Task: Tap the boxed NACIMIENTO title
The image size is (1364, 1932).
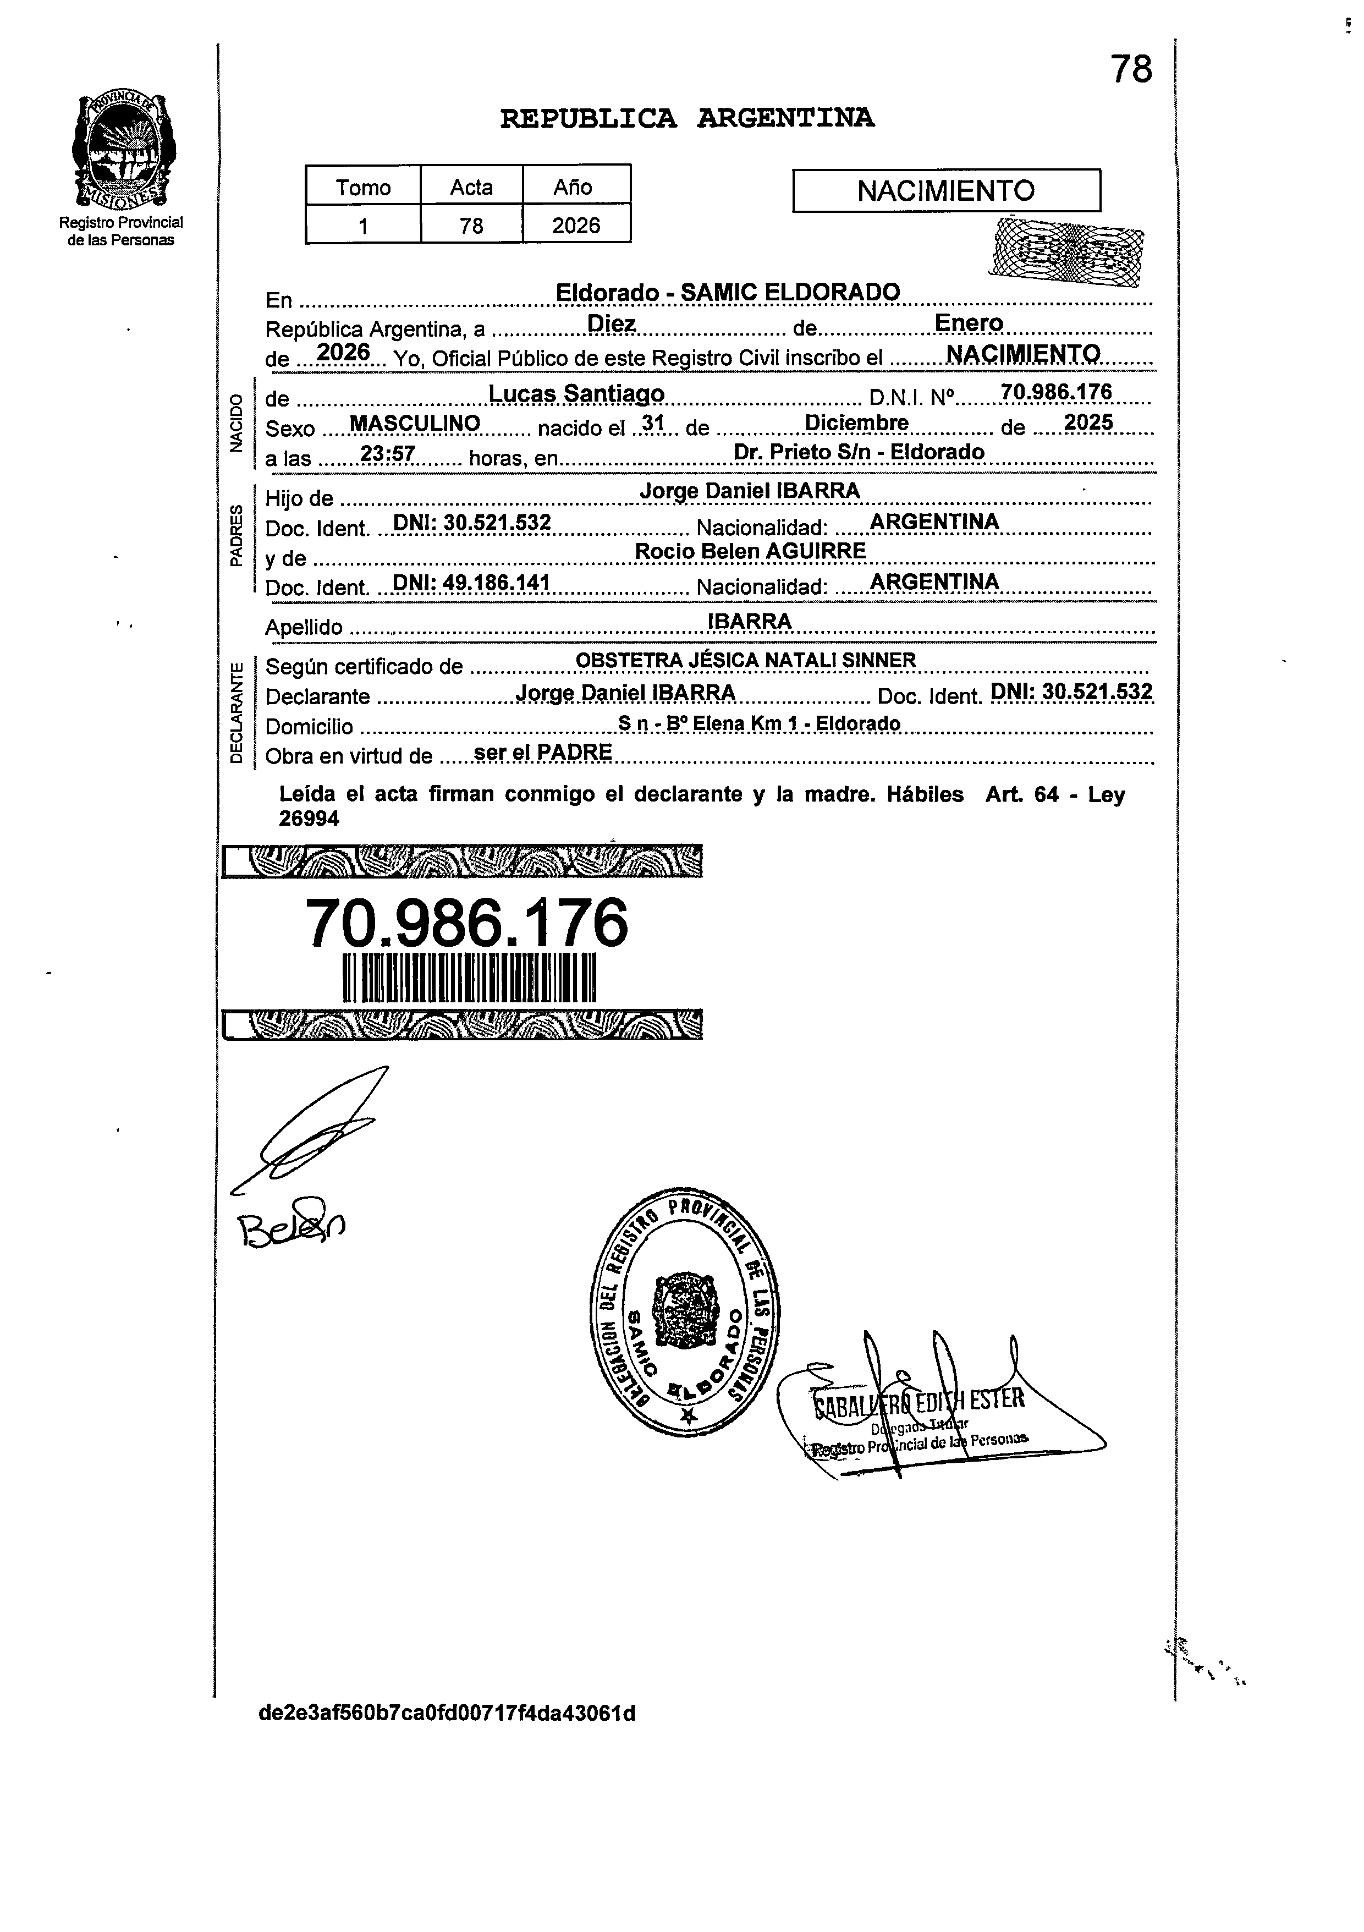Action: [x=946, y=191]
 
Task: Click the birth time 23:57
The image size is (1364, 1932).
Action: [x=387, y=454]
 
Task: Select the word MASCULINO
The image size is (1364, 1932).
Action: [x=414, y=423]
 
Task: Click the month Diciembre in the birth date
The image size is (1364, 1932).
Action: [x=856, y=422]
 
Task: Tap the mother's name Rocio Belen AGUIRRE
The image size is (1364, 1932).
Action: [x=750, y=551]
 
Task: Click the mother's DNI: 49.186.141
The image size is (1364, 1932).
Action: [x=471, y=582]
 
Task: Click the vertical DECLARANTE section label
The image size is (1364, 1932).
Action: [x=237, y=712]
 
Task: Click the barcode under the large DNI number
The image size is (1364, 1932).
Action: [x=470, y=978]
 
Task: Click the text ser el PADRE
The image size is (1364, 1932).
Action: [x=543, y=752]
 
